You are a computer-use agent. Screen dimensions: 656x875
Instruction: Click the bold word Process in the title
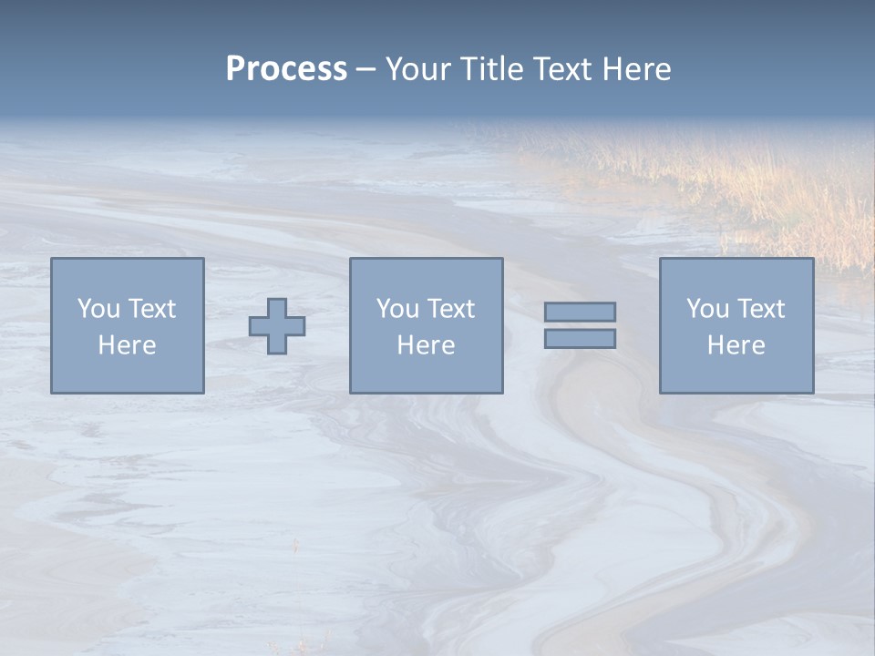[x=286, y=69]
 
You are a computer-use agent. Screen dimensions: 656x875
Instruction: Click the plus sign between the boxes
[x=277, y=326]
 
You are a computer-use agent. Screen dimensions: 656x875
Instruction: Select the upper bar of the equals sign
[x=580, y=313]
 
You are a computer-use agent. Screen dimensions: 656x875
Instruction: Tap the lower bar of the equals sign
[x=580, y=339]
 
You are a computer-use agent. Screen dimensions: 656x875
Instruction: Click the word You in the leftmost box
[x=98, y=309]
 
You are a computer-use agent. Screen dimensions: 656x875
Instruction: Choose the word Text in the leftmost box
[x=151, y=309]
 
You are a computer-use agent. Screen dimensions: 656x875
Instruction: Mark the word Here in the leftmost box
[x=127, y=345]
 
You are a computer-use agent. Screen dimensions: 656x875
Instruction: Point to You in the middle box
[x=397, y=309]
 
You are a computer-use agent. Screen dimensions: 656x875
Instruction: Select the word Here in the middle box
[x=426, y=345]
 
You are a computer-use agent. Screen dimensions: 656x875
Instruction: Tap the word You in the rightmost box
[x=707, y=309]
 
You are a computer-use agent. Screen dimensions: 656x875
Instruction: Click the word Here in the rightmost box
[x=736, y=345]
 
